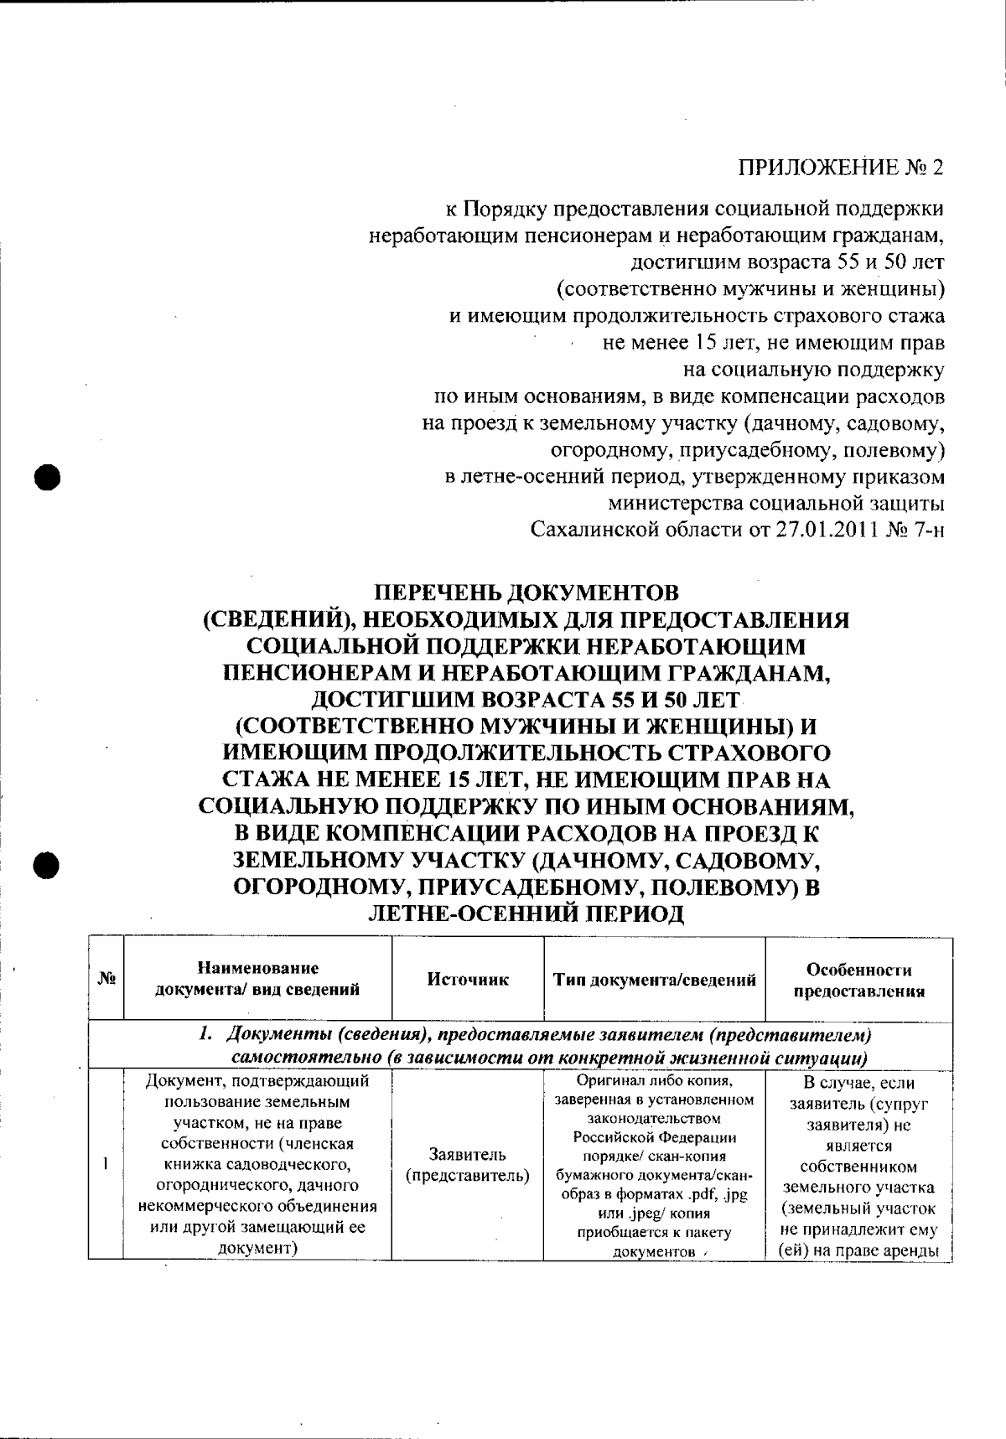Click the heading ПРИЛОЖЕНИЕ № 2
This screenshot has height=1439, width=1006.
click(x=840, y=167)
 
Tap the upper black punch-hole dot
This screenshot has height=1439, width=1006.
click(x=47, y=478)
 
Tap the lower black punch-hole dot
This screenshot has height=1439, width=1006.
click(x=47, y=842)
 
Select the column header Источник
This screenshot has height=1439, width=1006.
click(x=468, y=980)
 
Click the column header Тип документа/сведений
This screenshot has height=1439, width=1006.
click(x=655, y=980)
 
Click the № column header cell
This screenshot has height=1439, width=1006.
click(x=106, y=979)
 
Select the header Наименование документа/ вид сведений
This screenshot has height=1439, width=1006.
click(x=258, y=979)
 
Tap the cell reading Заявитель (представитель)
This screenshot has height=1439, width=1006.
click(x=468, y=1165)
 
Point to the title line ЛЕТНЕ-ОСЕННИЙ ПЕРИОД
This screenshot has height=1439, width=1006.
click(x=526, y=914)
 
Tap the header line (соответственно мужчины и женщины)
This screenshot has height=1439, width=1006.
click(x=751, y=290)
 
